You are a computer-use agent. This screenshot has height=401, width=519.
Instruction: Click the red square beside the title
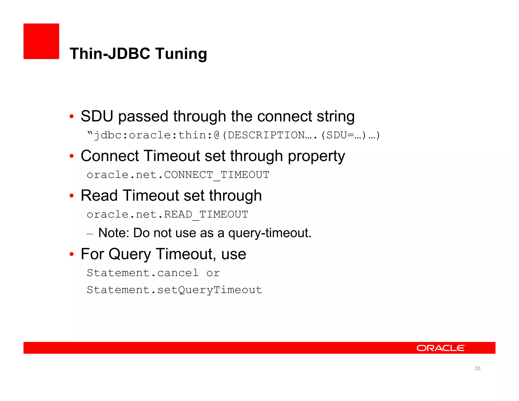click(x=41, y=41)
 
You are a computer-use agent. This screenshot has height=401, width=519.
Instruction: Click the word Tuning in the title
click(x=181, y=54)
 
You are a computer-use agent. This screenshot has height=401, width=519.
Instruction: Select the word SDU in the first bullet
click(x=97, y=116)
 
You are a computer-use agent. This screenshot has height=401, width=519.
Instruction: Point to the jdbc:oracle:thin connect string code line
click(x=233, y=135)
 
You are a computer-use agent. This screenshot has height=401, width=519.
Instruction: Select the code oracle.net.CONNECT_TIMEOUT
click(x=178, y=175)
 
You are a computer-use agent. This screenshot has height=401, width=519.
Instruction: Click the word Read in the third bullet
click(x=99, y=196)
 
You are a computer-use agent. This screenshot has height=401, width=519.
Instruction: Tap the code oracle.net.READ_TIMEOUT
click(x=167, y=214)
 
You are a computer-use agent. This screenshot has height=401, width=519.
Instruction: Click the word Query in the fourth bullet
click(x=130, y=254)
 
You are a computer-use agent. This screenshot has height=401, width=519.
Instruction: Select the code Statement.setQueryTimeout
click(x=174, y=290)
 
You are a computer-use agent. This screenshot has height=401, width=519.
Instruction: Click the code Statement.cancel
click(x=142, y=273)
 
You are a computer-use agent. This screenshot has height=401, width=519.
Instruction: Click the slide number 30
click(x=477, y=369)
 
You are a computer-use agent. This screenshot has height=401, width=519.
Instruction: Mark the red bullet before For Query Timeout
click(x=72, y=254)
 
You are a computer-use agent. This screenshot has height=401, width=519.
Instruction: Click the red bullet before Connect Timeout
click(x=72, y=156)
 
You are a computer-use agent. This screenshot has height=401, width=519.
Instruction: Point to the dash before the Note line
click(x=90, y=233)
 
